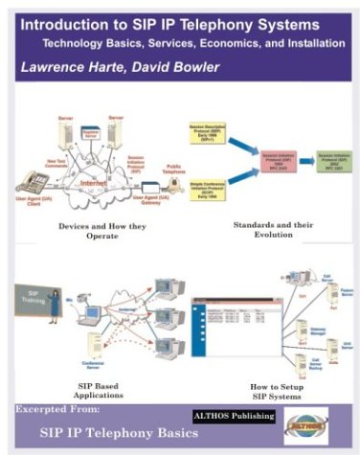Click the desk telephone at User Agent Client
pyautogui.click(x=37, y=181)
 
